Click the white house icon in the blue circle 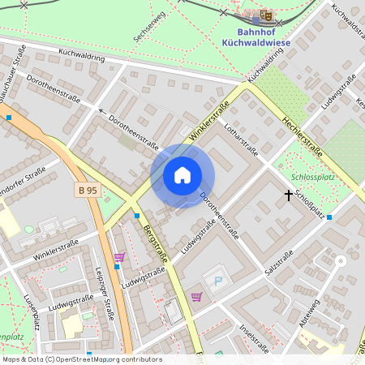pyautogui.click(x=182, y=175)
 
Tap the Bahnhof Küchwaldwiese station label pyautogui.click(x=251, y=36)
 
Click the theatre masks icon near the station pyautogui.click(x=266, y=15)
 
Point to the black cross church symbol pyautogui.click(x=288, y=195)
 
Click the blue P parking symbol pyautogui.click(x=217, y=281)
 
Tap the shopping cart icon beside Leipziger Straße pyautogui.click(x=119, y=258)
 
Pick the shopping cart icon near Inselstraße pyautogui.click(x=196, y=297)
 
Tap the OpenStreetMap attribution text pyautogui.click(x=81, y=359)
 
